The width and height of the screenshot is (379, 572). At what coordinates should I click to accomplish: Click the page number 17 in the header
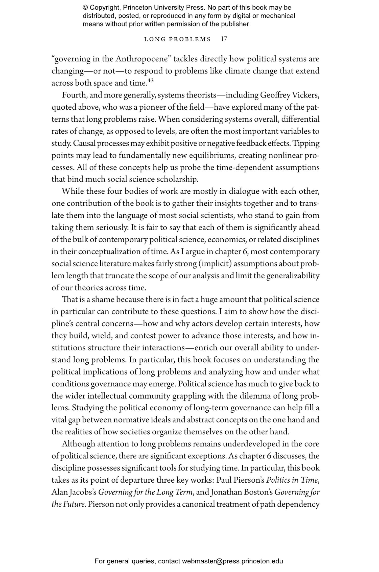[x=224, y=39]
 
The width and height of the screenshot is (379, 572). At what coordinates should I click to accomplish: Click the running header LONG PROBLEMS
[x=177, y=39]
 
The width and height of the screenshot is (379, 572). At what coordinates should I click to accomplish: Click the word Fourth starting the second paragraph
[x=74, y=95]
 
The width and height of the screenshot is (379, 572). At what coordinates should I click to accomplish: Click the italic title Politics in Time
[x=293, y=480]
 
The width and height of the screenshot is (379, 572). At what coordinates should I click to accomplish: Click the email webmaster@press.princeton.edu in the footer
[x=232, y=561]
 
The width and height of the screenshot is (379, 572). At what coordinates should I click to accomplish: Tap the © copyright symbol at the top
[x=85, y=8]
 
